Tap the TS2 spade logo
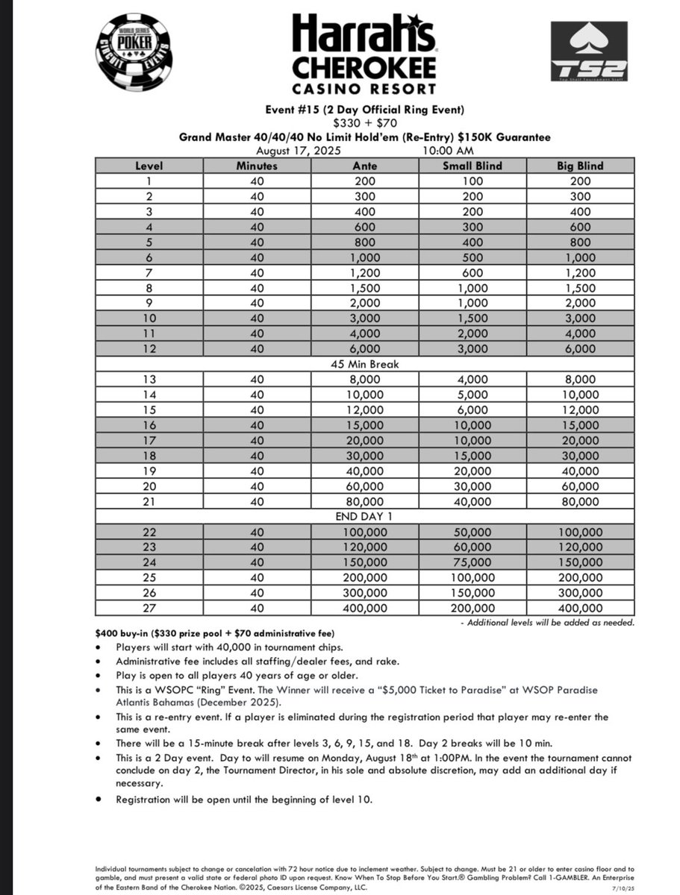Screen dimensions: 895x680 pos(587,51)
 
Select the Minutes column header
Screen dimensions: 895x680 pos(257,166)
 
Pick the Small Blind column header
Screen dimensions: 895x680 pos(472,166)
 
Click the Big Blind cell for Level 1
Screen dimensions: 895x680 pos(579,180)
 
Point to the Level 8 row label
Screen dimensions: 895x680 pos(149,287)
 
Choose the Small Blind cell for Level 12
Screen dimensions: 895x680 pos(472,348)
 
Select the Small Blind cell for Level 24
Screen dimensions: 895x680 pos(472,562)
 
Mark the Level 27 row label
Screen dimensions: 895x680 pos(149,609)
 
